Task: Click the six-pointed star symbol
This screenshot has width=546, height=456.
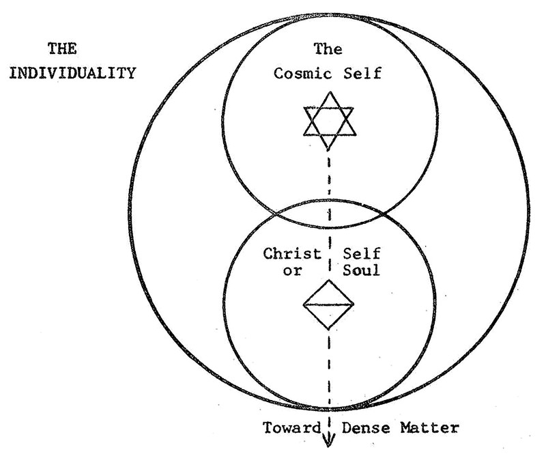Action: click(330, 121)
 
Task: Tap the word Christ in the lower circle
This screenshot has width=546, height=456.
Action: click(292, 254)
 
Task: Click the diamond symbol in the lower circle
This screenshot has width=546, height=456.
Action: click(330, 304)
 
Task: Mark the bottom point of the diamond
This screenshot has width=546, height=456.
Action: click(330, 330)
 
